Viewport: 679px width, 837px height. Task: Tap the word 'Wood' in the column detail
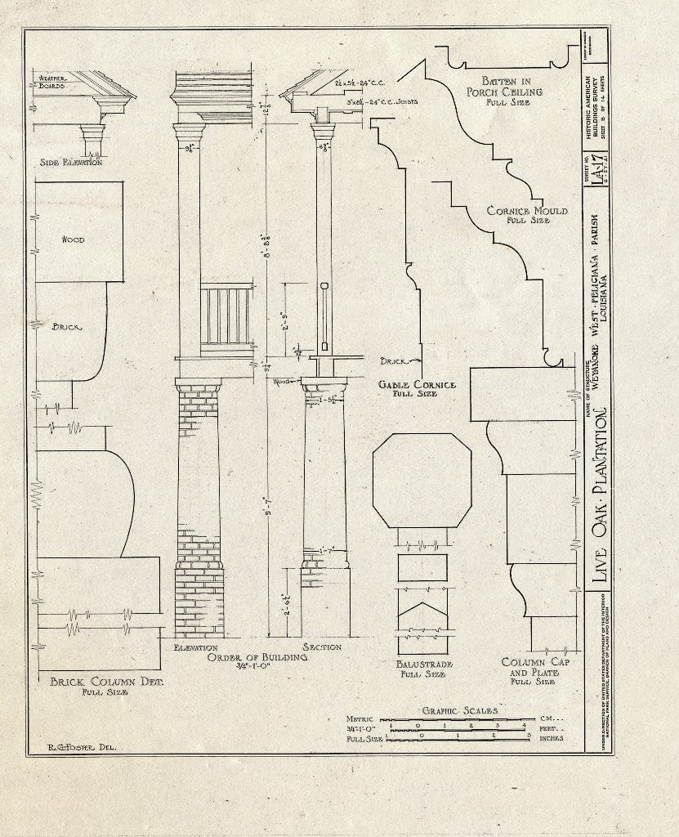(73, 239)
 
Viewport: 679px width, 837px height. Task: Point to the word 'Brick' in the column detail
(68, 326)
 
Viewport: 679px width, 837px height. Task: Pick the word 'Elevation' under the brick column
(195, 647)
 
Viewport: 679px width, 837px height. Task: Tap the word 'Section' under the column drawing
(321, 647)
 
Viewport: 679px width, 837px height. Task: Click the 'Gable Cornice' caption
(417, 384)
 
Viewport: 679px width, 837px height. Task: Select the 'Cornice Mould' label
(527, 211)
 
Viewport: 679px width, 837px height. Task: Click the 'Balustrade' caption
(422, 665)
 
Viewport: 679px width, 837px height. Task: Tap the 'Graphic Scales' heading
(459, 710)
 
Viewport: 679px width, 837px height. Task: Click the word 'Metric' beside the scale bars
(360, 718)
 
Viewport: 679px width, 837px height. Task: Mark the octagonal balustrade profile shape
(422, 481)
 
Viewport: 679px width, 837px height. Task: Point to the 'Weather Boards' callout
(51, 82)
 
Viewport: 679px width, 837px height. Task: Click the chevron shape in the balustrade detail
(422, 611)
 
